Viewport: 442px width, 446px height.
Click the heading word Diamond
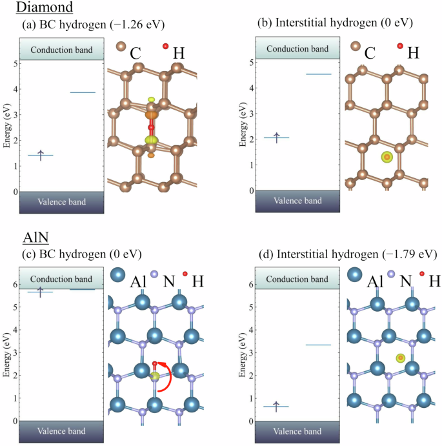click(44, 8)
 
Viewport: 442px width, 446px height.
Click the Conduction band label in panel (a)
click(61, 50)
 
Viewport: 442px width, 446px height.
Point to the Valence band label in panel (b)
click(297, 201)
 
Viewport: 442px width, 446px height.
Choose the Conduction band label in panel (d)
click(297, 279)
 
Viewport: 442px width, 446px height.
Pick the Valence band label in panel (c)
click(61, 431)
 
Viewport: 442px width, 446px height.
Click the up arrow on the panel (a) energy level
click(41, 154)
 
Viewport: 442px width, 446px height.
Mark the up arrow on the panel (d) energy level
click(276, 405)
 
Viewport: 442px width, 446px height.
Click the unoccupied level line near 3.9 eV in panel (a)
click(83, 92)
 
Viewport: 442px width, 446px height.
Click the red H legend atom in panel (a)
click(165, 46)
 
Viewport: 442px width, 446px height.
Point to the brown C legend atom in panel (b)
click(355, 46)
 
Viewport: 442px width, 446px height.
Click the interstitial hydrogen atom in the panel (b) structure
click(387, 157)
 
